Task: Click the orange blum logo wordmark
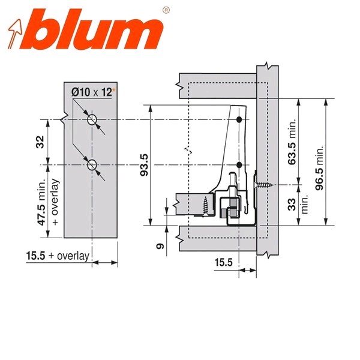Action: [98, 29]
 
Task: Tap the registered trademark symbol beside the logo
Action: [166, 10]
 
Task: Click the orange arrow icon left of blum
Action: [15, 34]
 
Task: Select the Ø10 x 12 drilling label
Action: [92, 92]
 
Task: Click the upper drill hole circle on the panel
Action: [92, 119]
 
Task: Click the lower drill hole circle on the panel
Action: [92, 165]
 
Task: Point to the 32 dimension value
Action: [40, 142]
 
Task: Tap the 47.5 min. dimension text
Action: [41, 202]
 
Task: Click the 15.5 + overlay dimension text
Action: [58, 256]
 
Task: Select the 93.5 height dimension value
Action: [144, 165]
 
